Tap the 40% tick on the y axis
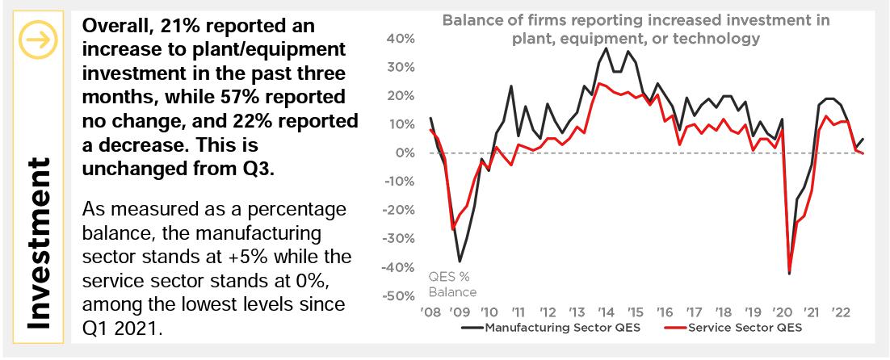(401, 38)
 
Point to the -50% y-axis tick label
(398, 296)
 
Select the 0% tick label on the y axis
(405, 153)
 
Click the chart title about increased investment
(636, 29)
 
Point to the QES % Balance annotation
(452, 284)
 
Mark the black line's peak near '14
(607, 48)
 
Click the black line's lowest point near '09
(460, 261)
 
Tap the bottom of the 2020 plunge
(788, 274)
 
